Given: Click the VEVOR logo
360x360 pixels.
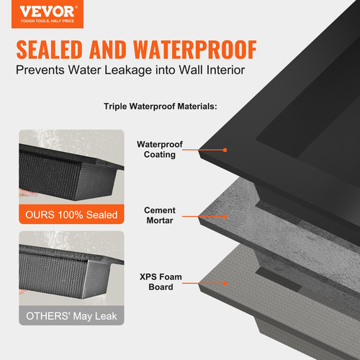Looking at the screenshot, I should pos(47,13).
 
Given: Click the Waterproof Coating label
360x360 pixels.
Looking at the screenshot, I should pos(160,149).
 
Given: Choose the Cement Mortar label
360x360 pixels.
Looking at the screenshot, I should pos(160,215).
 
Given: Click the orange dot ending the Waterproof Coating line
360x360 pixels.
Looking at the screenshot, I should pos(225,150).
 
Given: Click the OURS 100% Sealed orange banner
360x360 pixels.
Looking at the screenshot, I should pos(71,214).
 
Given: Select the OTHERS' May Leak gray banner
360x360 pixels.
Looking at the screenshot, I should pos(71,315).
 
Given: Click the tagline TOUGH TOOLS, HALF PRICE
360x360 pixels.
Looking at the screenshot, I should pos(47,22).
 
